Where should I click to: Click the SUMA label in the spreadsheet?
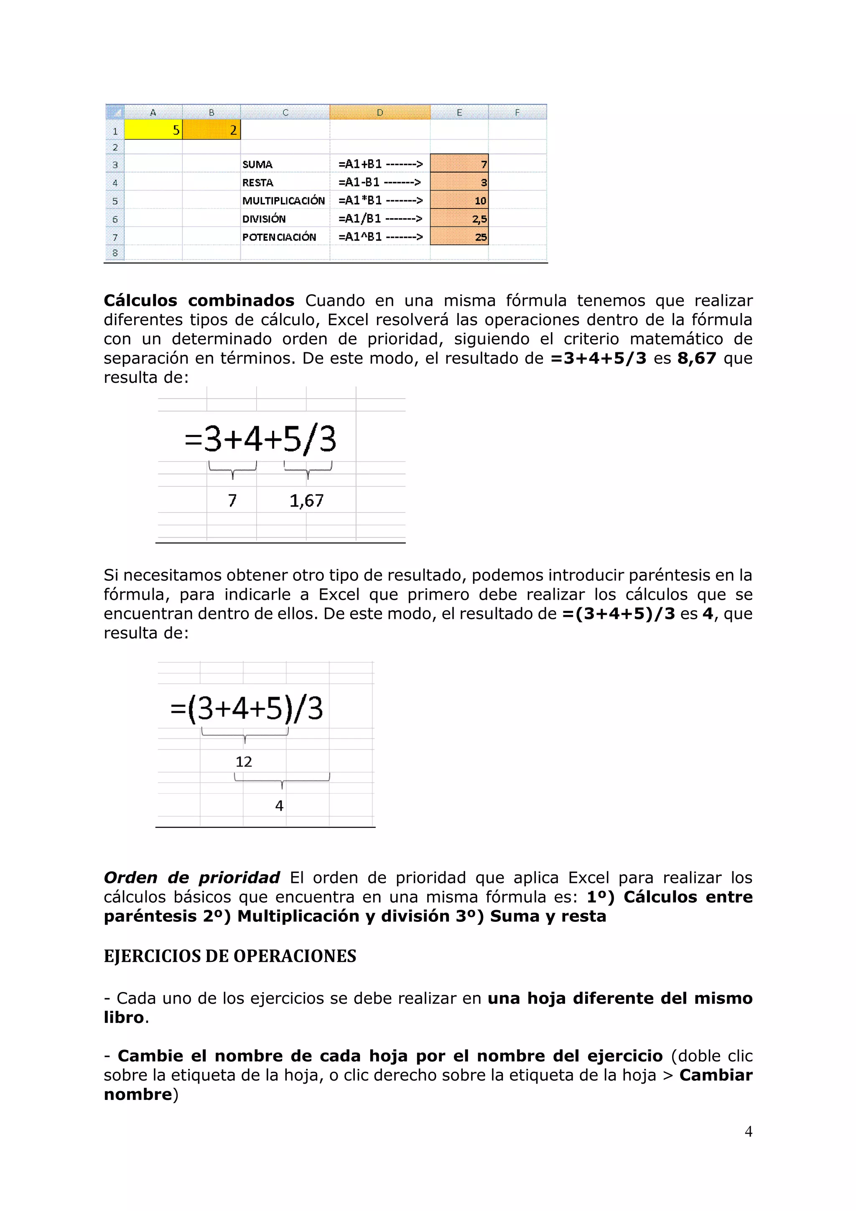(257, 165)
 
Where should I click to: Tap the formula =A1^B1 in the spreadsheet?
(360, 237)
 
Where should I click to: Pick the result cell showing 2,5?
(459, 219)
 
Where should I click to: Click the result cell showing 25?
(459, 237)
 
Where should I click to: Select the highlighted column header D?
(380, 112)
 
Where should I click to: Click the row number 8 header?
(115, 253)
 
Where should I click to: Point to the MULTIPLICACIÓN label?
(283, 201)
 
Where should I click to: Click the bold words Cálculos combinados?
(199, 300)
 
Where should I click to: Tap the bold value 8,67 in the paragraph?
(696, 359)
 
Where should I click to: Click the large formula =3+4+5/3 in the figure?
(260, 439)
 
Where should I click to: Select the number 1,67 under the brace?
(306, 501)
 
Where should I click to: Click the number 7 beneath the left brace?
(232, 501)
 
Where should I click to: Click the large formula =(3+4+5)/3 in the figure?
(246, 708)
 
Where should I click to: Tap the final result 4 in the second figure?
(279, 805)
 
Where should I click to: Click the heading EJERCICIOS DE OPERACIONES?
(230, 956)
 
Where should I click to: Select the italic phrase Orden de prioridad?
(191, 878)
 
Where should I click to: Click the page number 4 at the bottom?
(748, 1131)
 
